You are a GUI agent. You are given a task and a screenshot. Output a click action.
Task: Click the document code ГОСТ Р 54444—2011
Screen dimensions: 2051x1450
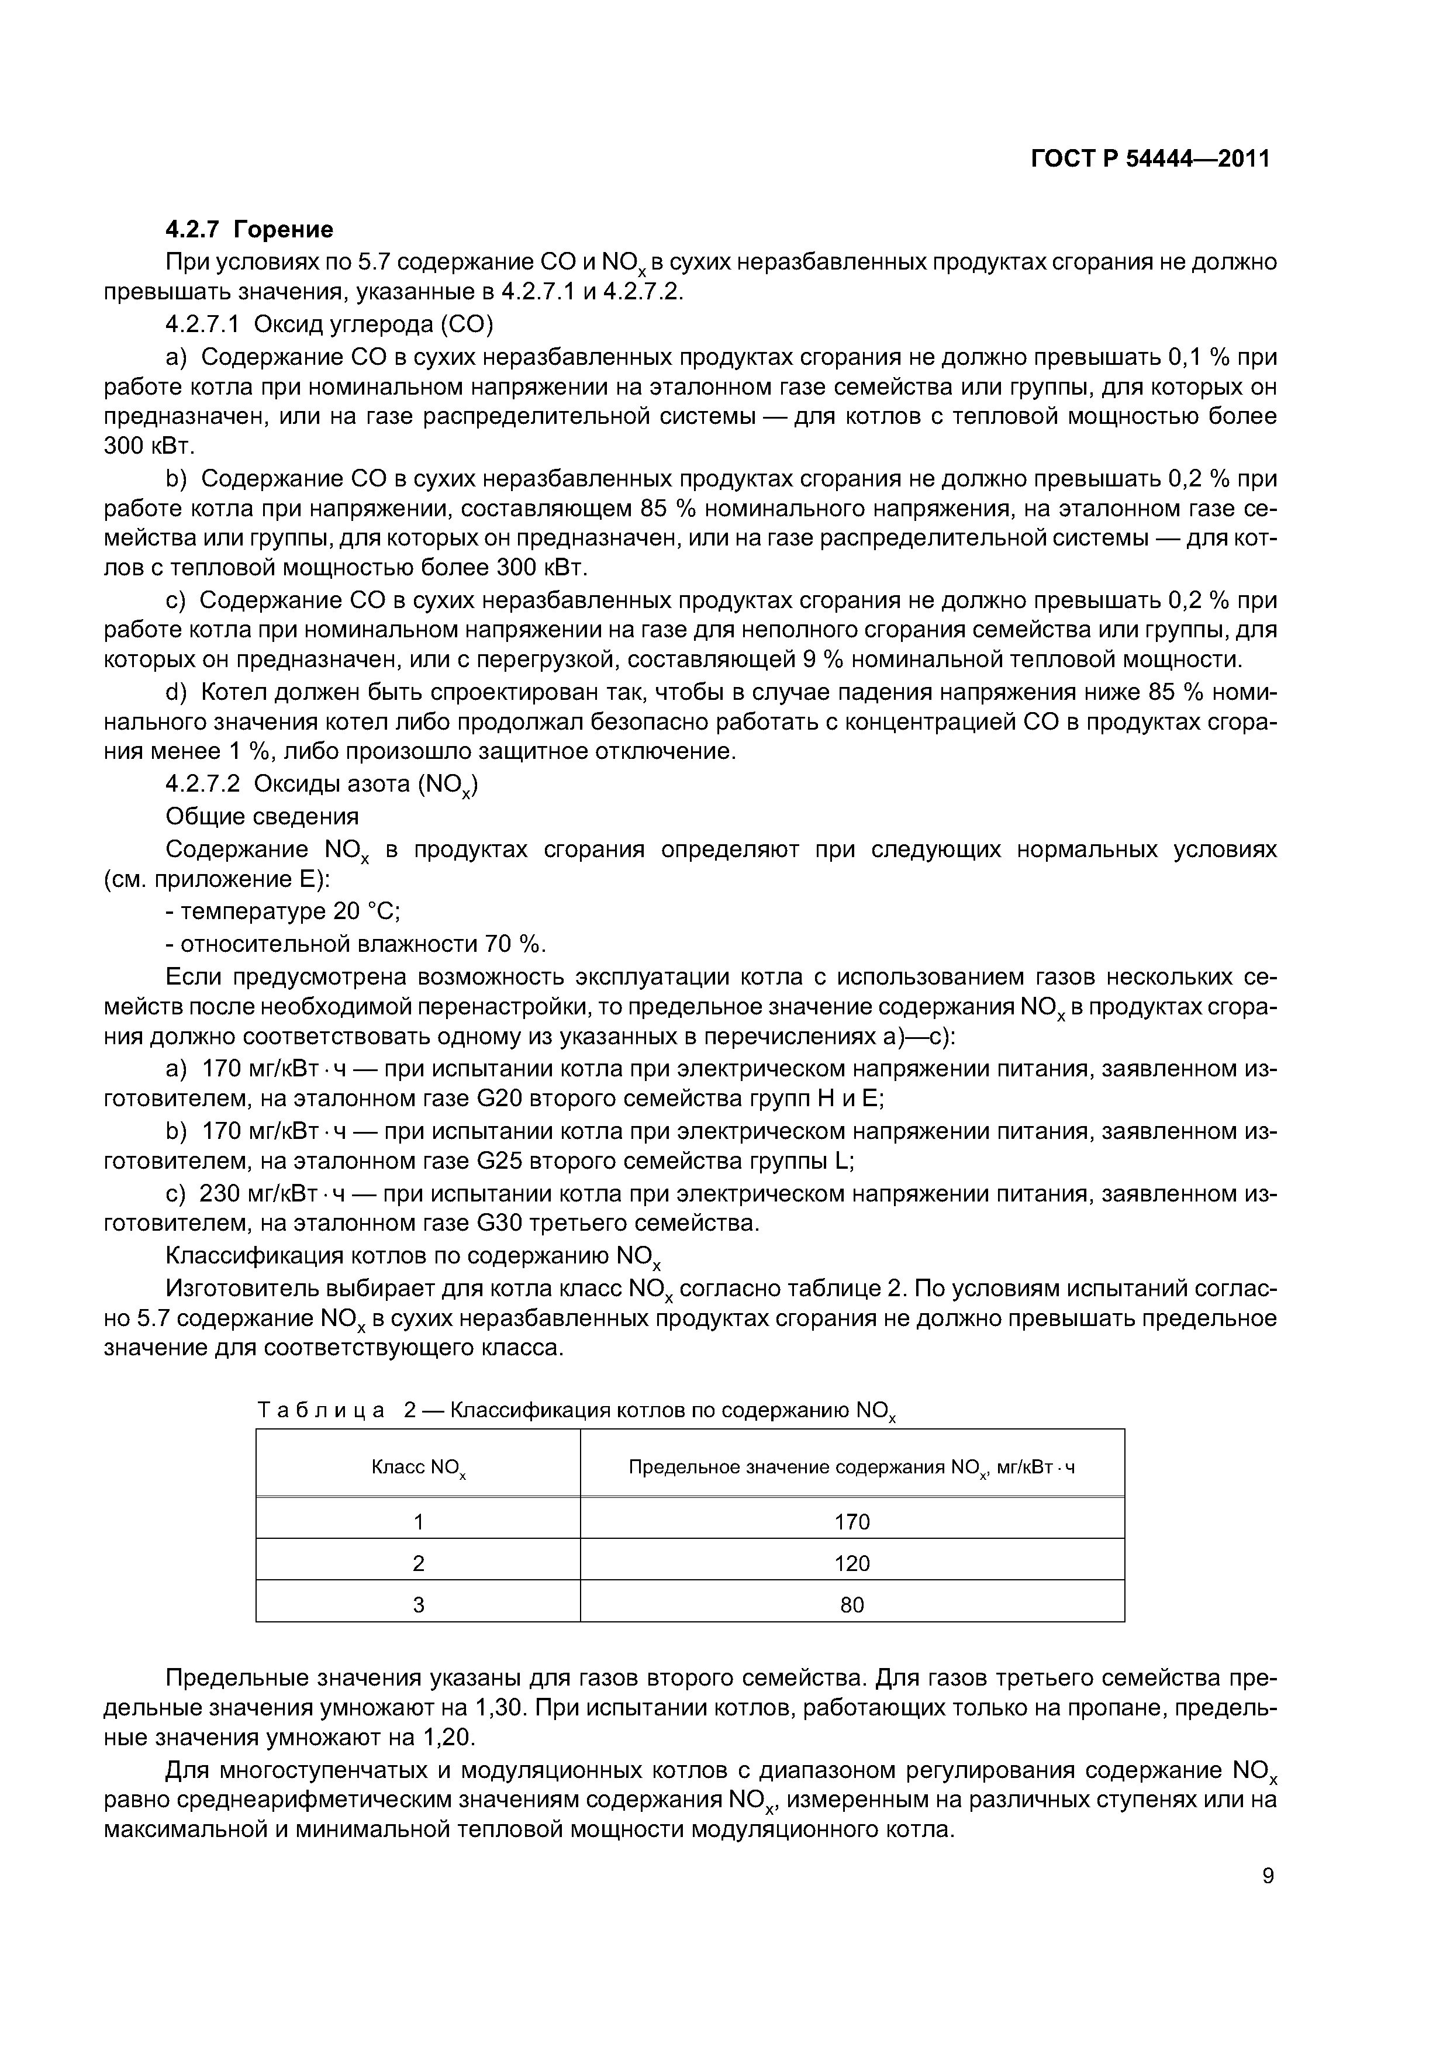(x=1150, y=159)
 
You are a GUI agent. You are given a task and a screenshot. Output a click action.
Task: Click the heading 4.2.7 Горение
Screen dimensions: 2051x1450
(x=249, y=230)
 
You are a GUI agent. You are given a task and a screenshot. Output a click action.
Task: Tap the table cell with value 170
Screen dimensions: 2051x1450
(x=851, y=1521)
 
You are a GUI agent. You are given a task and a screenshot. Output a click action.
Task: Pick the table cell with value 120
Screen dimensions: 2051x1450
(x=851, y=1563)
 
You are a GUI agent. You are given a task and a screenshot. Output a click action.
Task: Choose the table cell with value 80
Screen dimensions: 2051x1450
(x=851, y=1605)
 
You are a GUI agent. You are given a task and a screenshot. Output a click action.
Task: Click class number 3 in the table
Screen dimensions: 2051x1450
(x=418, y=1605)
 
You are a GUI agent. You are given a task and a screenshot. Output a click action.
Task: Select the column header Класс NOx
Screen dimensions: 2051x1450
(x=417, y=1468)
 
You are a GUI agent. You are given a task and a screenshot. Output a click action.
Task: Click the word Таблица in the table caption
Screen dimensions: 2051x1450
(x=322, y=1411)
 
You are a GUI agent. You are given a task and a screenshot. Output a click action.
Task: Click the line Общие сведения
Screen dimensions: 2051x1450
(x=262, y=816)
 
